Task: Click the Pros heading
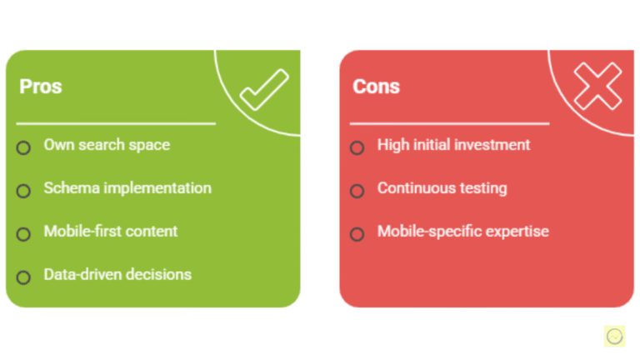(40, 87)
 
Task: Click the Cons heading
(376, 87)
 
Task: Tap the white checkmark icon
(263, 90)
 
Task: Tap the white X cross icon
(598, 86)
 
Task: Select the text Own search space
(107, 145)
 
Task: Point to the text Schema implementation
(127, 188)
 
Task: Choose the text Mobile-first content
(111, 232)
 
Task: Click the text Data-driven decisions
(117, 274)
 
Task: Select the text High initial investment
(453, 145)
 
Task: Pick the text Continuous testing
(442, 188)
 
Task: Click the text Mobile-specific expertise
(462, 232)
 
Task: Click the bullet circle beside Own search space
(23, 148)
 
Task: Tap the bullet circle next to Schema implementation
(23, 191)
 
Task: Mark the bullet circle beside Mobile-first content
(23, 234)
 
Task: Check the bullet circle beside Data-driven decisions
(23, 277)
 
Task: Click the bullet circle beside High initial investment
(357, 148)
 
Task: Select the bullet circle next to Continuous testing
(357, 191)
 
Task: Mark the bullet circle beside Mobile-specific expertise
(357, 234)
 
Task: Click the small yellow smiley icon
(614, 336)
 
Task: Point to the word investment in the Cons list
(492, 145)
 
